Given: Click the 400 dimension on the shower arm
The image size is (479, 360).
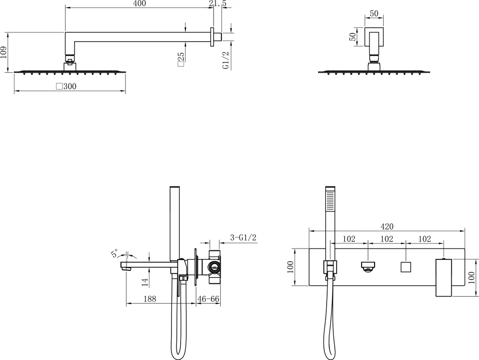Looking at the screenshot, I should [139, 4].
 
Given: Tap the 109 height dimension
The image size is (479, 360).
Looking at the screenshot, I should [4, 52].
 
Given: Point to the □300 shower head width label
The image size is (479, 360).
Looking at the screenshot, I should [66, 86].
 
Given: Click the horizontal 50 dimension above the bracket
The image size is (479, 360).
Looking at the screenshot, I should [375, 14].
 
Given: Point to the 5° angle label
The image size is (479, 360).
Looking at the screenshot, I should [115, 254].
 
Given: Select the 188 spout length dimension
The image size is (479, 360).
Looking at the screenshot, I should [150, 299].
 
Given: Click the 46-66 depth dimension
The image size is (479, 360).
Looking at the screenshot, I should [208, 299].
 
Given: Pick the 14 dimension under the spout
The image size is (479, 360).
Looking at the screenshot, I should [145, 281].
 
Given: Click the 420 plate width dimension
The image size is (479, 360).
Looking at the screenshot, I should [388, 226].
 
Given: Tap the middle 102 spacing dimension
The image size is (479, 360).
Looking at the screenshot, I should [387, 239].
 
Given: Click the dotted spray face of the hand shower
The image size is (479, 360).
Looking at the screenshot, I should [329, 200].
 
